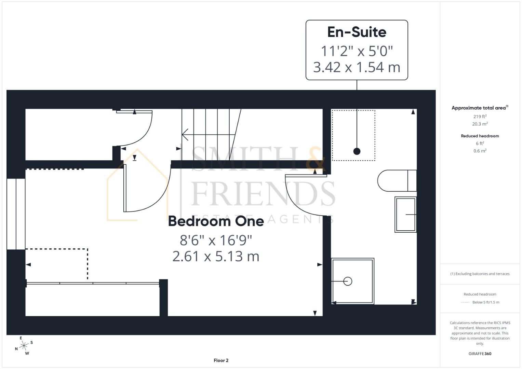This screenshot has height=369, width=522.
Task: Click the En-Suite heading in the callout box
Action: tap(357, 32)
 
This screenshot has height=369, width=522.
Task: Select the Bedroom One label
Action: tap(216, 221)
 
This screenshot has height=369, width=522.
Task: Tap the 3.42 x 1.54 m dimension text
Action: tap(357, 67)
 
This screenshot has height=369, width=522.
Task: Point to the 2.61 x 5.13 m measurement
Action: tap(216, 256)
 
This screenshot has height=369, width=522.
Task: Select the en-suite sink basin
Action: tap(405, 214)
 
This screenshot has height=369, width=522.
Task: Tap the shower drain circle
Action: tap(348, 281)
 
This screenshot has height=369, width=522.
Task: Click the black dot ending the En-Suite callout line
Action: tap(357, 151)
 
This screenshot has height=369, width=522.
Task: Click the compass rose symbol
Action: tap(24, 346)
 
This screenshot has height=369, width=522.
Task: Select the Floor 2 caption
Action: tap(221, 360)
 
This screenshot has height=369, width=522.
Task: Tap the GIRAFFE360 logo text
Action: tap(480, 354)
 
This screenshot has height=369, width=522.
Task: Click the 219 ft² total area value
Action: tap(480, 117)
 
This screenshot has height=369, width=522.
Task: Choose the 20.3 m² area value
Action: tap(480, 124)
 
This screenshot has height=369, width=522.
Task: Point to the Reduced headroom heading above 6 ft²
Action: tap(480, 136)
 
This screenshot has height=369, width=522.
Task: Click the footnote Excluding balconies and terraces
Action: tap(480, 274)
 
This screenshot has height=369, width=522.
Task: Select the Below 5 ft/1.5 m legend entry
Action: tap(485, 302)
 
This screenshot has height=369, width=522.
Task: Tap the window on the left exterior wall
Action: tap(16, 214)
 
